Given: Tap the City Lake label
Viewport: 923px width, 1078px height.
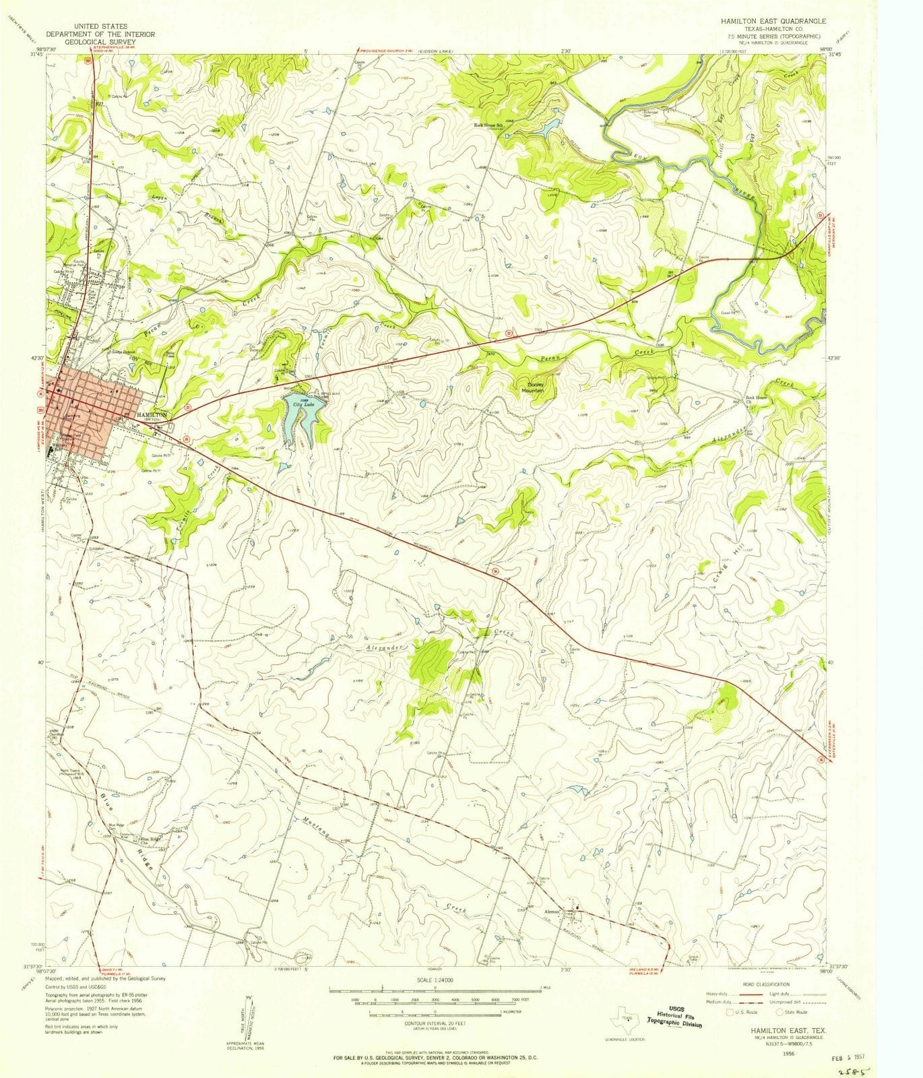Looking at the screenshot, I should [294, 405].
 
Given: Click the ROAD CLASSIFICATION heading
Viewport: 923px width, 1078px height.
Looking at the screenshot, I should [767, 985].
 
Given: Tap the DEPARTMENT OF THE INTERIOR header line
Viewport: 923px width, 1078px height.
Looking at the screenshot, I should [100, 34].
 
